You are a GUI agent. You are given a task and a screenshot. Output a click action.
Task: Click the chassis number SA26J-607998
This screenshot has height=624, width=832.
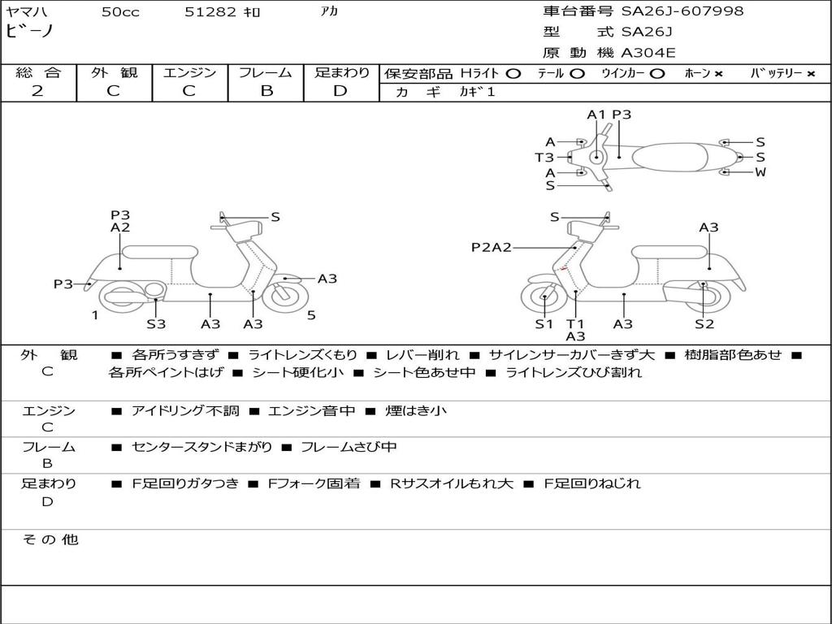(x=682, y=11)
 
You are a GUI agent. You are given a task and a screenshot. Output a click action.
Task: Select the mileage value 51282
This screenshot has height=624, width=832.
(x=210, y=12)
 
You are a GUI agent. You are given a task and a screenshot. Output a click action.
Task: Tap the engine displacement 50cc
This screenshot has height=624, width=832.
(x=120, y=12)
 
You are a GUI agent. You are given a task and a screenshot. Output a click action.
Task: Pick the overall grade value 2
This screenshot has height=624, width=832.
(x=37, y=91)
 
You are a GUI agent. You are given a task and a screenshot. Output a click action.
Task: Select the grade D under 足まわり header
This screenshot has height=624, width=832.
(x=340, y=91)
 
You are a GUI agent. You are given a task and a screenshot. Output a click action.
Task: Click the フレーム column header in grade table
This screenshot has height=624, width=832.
(x=266, y=72)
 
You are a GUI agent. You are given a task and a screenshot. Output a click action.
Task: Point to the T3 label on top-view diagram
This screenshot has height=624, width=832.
(x=544, y=157)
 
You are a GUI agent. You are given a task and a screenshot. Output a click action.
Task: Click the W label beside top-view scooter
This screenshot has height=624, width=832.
(x=760, y=172)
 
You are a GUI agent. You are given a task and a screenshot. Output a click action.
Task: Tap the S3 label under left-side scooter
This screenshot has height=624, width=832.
(x=156, y=324)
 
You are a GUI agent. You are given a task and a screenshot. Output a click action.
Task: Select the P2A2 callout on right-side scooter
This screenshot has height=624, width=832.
(x=492, y=247)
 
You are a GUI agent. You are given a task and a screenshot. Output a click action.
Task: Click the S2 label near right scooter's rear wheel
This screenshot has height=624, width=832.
(x=704, y=324)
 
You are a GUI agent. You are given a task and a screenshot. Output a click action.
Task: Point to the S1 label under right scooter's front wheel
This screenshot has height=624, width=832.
(x=544, y=324)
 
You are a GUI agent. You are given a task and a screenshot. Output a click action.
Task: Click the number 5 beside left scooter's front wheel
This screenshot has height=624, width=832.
(x=311, y=315)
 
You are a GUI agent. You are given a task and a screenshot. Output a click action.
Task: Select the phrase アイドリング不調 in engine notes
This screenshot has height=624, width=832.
(x=185, y=411)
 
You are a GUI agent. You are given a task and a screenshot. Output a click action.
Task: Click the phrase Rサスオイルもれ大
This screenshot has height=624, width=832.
(x=452, y=483)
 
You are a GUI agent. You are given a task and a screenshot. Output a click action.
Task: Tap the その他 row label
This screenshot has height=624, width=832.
(x=50, y=539)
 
